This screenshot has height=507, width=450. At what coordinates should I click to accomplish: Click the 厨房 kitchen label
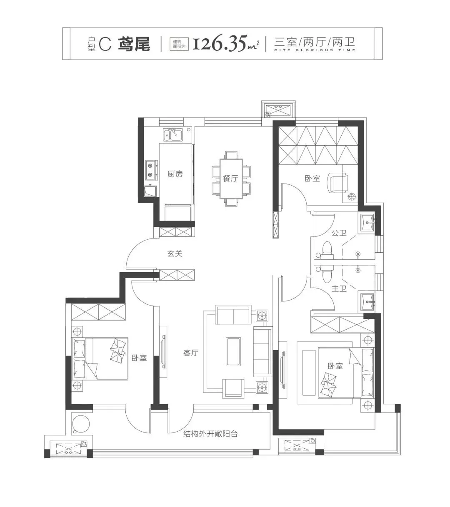pyautogui.click(x=175, y=174)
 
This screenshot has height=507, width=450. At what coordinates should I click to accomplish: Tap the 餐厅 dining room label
pyautogui.click(x=230, y=179)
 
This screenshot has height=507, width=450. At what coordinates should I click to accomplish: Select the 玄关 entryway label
pyautogui.click(x=175, y=253)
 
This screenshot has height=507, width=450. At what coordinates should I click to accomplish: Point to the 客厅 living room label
pyautogui.click(x=191, y=353)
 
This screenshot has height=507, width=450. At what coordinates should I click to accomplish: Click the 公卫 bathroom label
pyautogui.click(x=339, y=233)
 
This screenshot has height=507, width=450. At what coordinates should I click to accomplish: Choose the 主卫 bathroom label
pyautogui.click(x=339, y=288)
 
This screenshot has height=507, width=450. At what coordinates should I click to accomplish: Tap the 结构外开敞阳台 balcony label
pyautogui.click(x=210, y=434)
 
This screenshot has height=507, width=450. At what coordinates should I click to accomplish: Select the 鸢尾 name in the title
pyautogui.click(x=134, y=44)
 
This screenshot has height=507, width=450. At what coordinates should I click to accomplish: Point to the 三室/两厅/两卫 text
pyautogui.click(x=315, y=42)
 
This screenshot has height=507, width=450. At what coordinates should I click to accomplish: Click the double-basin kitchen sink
pyautogui.click(x=172, y=135)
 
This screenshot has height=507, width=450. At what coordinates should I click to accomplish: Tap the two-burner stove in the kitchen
pyautogui.click(x=152, y=170)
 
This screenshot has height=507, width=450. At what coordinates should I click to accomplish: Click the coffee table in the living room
pyautogui.click(x=233, y=352)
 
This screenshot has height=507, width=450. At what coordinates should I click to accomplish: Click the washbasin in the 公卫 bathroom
pyautogui.click(x=367, y=222)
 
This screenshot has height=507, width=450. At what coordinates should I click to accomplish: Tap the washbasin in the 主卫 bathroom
pyautogui.click(x=367, y=302)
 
